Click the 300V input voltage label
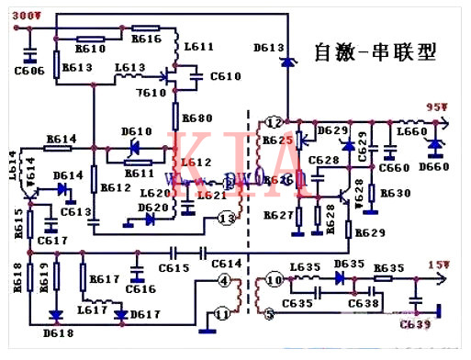pos(25,15)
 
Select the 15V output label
pos(438,265)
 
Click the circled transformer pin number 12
pos(274,122)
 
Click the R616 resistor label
pos(147,39)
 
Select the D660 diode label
pos(432,166)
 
